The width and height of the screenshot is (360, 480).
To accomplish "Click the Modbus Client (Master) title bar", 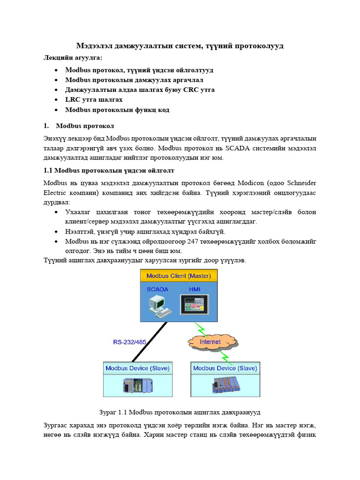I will (179, 276).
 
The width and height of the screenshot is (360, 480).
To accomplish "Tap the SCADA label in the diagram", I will (157, 289).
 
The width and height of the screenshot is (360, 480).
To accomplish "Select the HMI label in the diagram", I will (194, 289).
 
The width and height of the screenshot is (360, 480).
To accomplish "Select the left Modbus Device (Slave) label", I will (137, 368).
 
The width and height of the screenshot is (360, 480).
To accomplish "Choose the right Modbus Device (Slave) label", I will (225, 368).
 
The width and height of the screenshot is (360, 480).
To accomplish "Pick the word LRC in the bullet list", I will (73, 99).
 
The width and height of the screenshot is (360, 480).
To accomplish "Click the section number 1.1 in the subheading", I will (48, 170).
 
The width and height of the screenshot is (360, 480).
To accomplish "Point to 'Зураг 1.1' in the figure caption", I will (113, 412).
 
